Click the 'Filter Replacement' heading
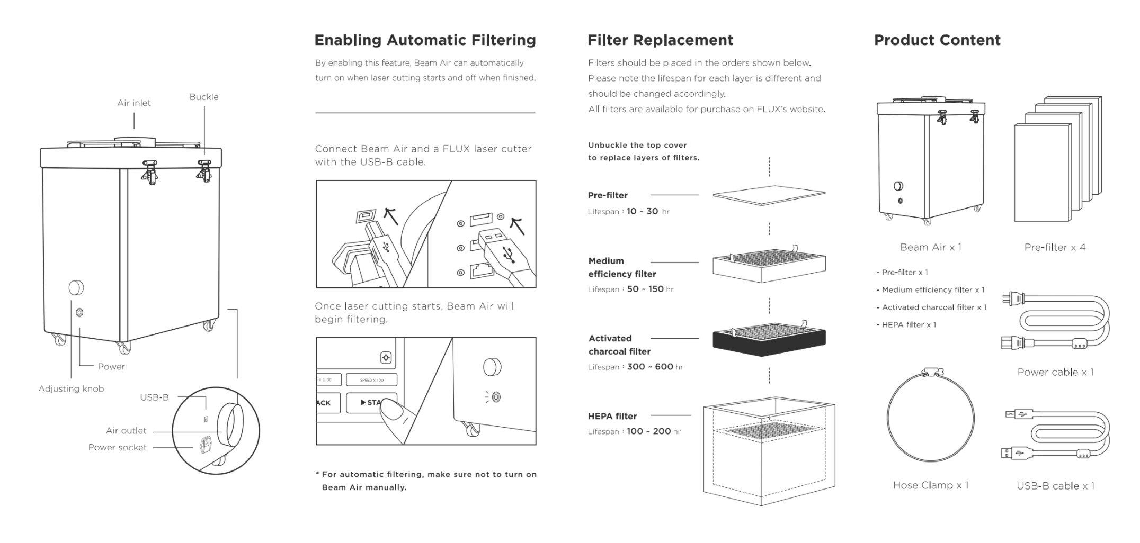[x=660, y=40]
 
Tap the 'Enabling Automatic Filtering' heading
[x=425, y=40]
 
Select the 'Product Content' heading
[x=937, y=40]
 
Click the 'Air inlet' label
[x=134, y=103]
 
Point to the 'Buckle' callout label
[x=204, y=97]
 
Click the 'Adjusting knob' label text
[x=71, y=389]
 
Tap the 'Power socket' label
[x=117, y=448]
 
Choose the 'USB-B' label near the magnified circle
[x=154, y=397]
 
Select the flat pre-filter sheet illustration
[x=769, y=195]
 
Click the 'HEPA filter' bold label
[x=612, y=417]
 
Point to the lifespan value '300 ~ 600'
[x=650, y=367]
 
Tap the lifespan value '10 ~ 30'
[x=642, y=211]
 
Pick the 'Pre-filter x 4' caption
[x=1055, y=248]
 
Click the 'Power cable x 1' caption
[x=1055, y=373]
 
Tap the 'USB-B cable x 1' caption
[x=1055, y=486]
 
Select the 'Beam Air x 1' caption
[x=930, y=248]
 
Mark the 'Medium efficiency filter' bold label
[x=622, y=268]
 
